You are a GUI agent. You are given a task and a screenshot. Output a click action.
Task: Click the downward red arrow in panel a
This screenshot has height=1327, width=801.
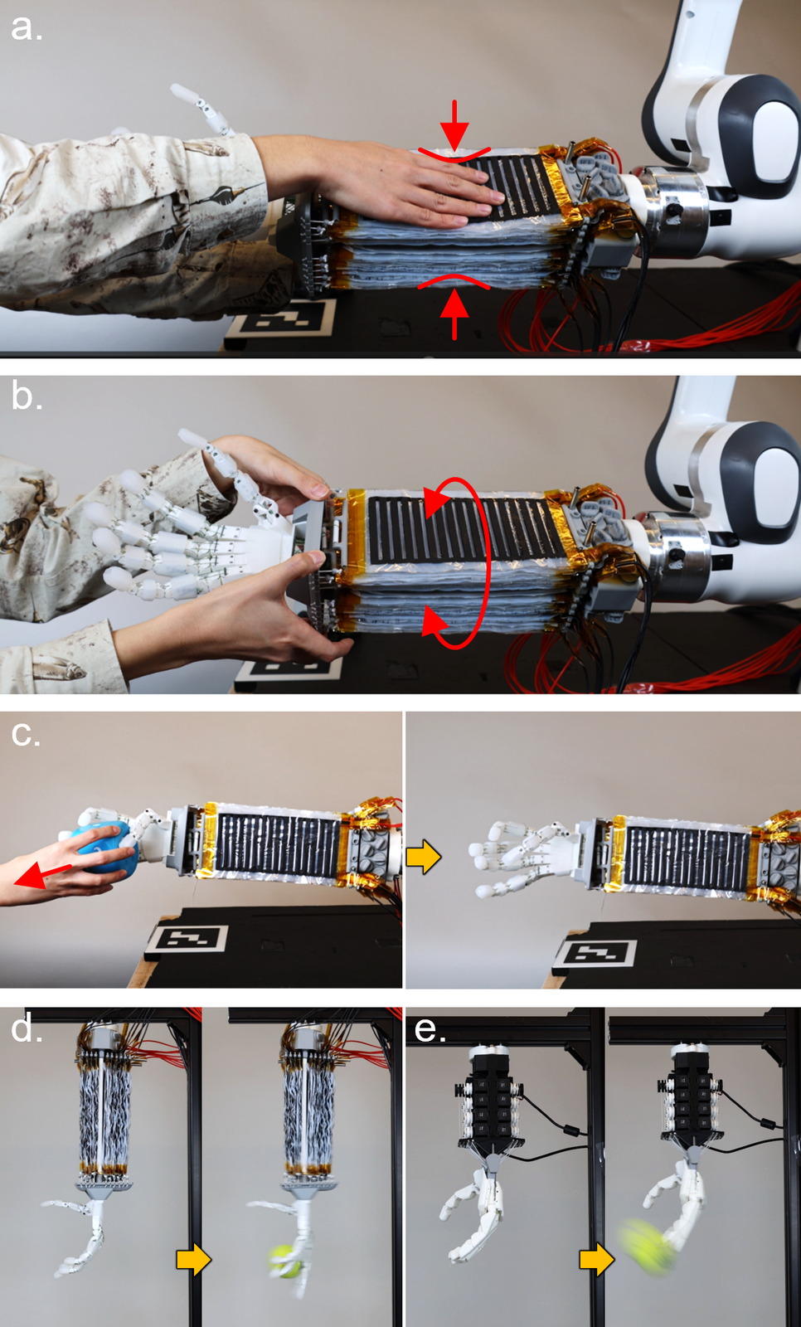[454, 124]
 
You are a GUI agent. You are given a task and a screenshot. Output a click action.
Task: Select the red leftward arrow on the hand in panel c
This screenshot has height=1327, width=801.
[41, 875]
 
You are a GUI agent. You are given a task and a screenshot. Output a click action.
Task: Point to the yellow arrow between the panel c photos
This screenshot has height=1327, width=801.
[424, 857]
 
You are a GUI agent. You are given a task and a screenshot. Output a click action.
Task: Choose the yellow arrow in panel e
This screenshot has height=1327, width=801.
[596, 1259]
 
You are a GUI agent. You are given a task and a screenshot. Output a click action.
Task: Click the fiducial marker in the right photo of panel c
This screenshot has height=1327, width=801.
[595, 953]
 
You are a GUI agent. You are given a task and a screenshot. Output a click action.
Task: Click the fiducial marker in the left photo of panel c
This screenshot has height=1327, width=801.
[187, 939]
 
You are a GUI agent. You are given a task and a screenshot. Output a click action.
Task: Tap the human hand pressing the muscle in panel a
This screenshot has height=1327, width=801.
[379, 183]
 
